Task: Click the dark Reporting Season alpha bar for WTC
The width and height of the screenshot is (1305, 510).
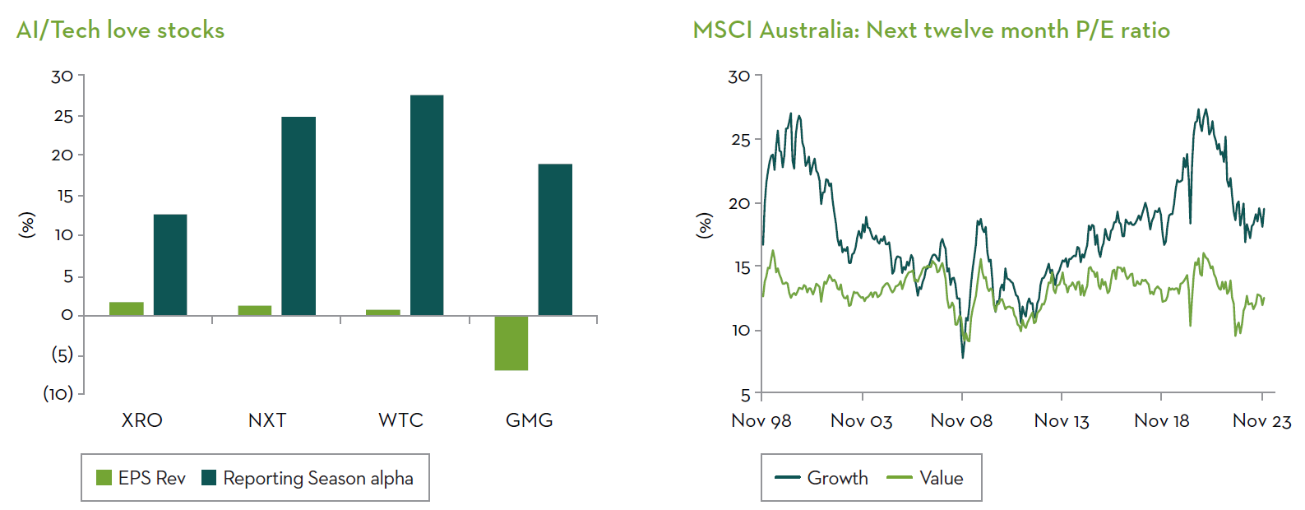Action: (426, 205)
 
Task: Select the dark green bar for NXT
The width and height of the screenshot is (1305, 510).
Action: (298, 216)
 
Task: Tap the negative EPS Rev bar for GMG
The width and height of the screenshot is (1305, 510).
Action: (511, 343)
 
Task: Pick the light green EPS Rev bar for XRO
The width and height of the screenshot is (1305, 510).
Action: (126, 308)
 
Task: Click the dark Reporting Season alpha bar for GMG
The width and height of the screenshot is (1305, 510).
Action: (555, 239)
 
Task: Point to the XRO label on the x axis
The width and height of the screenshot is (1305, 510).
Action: (141, 420)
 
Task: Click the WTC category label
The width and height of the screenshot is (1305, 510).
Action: (400, 420)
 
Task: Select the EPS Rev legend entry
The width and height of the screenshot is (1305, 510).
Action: (141, 478)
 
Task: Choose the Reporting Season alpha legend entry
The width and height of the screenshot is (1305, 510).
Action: (308, 478)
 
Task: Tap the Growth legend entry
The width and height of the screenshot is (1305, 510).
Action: (821, 478)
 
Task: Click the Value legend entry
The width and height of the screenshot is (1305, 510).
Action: (925, 478)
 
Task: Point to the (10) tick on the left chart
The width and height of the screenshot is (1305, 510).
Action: (58, 393)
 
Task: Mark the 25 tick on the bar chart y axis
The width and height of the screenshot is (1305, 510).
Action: (63, 116)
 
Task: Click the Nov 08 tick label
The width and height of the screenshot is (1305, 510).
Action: (961, 421)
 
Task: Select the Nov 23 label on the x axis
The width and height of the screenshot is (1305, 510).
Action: (1261, 421)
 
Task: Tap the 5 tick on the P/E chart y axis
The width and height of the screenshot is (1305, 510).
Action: (745, 394)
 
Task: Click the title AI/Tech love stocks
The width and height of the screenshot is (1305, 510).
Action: (120, 30)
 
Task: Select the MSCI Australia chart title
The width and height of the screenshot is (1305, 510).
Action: (931, 30)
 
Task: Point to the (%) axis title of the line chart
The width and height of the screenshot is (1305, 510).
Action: (705, 225)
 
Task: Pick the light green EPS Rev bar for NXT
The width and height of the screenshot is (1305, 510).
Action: (254, 310)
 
